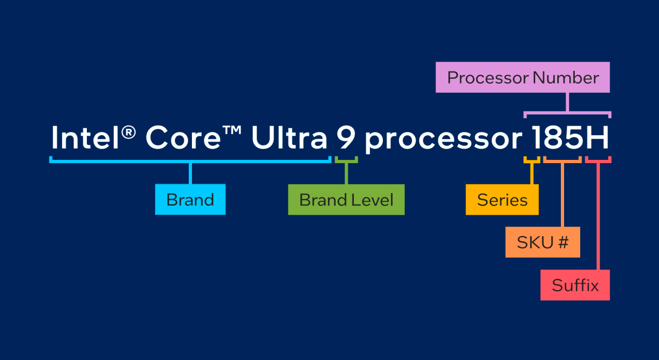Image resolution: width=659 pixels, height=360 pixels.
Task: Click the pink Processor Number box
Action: click(x=522, y=77)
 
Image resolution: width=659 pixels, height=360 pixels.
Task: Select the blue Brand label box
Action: click(x=190, y=199)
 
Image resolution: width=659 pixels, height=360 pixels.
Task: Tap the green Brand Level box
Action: click(x=346, y=200)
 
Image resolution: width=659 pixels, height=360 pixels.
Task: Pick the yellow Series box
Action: click(x=502, y=200)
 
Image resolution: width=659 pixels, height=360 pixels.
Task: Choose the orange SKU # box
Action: click(x=543, y=242)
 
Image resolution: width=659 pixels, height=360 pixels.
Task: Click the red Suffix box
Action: click(x=575, y=285)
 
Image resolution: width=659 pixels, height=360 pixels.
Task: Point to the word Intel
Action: click(x=85, y=137)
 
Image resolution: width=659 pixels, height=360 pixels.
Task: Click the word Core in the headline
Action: click(x=183, y=137)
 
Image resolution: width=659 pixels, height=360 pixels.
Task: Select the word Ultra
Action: click(x=289, y=137)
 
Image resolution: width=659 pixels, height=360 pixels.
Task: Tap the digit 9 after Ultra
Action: click(x=346, y=137)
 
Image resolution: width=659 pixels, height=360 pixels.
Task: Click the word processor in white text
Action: click(x=443, y=141)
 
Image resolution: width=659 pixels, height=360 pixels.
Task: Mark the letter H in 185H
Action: click(x=597, y=137)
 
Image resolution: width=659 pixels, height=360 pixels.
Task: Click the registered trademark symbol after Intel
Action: click(x=129, y=132)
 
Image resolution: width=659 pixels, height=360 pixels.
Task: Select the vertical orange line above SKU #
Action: click(x=562, y=195)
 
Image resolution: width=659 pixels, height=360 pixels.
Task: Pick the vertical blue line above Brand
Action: click(x=190, y=173)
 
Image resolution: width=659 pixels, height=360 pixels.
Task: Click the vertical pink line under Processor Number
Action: click(x=567, y=102)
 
